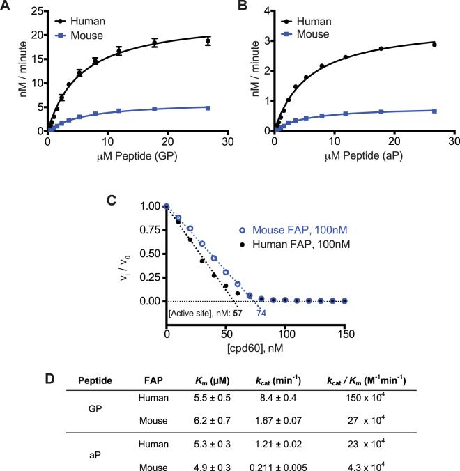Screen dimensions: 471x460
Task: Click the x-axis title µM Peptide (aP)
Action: (x=354, y=157)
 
